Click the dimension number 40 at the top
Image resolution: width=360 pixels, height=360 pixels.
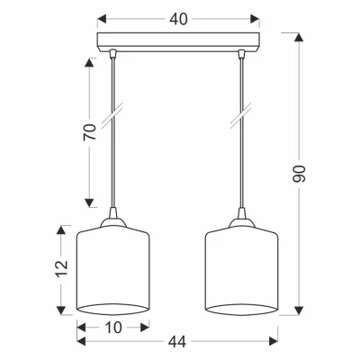pos(178,20)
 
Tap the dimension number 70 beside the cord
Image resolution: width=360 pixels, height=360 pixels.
pos(90,131)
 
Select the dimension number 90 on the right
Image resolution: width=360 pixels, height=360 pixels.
pos(299,174)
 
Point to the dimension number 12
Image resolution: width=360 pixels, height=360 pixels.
pos(62,267)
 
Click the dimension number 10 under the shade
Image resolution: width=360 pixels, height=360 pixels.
pos(113,328)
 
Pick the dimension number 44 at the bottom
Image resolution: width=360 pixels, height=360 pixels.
pos(177,342)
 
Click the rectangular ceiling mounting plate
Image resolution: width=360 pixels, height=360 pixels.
pos(178,43)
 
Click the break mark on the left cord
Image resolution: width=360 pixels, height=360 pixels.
pos(112,115)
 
